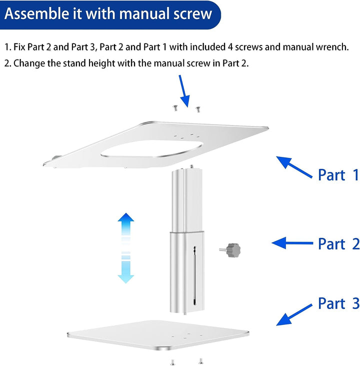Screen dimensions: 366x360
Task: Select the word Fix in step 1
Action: pyautogui.click(x=21, y=47)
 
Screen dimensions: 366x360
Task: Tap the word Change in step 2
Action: pyautogui.click(x=30, y=63)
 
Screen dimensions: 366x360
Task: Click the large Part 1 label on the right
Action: pyautogui.click(x=338, y=174)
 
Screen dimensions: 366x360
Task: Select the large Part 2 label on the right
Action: pyautogui.click(x=338, y=244)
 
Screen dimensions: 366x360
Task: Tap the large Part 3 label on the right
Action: pyautogui.click(x=338, y=303)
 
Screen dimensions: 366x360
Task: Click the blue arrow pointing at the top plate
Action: pyautogui.click(x=294, y=167)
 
